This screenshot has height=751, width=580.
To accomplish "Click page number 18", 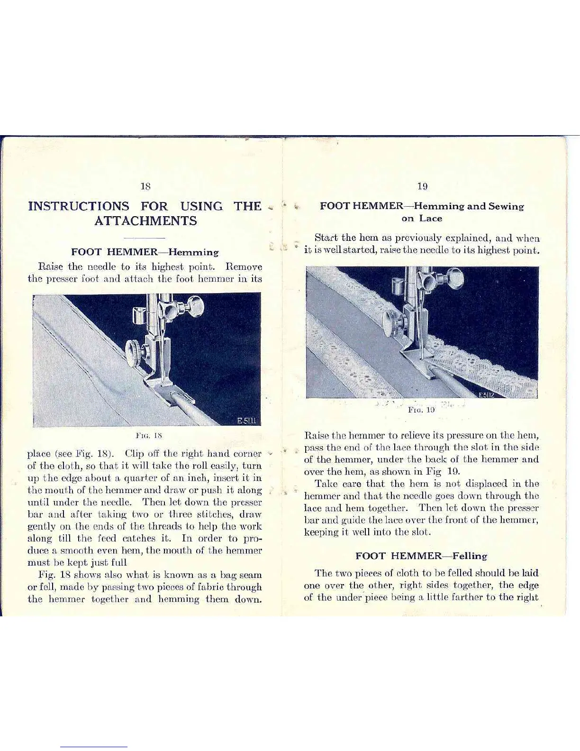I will pyautogui.click(x=145, y=186).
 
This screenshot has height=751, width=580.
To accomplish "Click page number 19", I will pyautogui.click(x=422, y=186).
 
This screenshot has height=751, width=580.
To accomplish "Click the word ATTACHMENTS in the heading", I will pyautogui.click(x=145, y=221).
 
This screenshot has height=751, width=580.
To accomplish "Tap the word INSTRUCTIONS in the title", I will pyautogui.click(x=79, y=206).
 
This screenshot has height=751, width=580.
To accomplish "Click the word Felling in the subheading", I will pyautogui.click(x=469, y=556).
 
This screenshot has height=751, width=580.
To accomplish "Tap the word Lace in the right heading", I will pyautogui.click(x=430, y=219).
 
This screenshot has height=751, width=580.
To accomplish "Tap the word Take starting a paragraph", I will pyautogui.click(x=325, y=484).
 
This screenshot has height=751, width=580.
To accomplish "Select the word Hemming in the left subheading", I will pyautogui.click(x=194, y=252).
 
